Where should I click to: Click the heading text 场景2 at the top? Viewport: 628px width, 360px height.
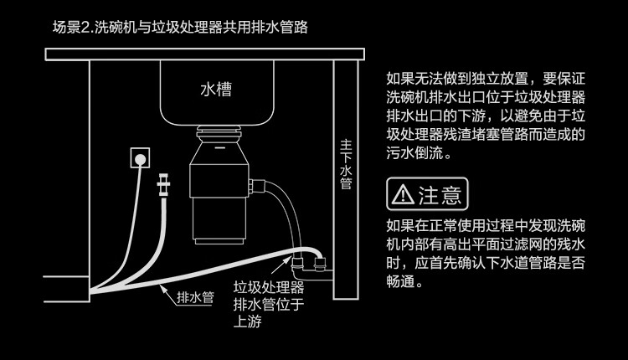point(70,28)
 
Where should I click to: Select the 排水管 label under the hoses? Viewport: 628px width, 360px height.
point(196,296)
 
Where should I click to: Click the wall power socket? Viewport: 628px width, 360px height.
point(141,157)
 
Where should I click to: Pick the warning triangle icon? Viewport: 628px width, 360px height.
point(404,196)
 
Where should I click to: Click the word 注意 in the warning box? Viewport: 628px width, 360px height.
point(440,196)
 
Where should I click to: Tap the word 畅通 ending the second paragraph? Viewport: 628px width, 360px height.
point(402,283)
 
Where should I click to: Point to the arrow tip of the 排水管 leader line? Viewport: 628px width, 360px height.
point(158,285)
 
